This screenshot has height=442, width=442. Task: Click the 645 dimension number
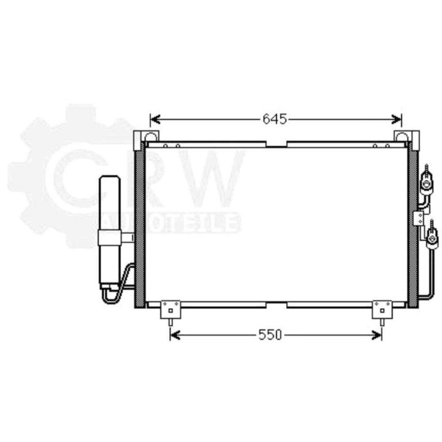[274, 119]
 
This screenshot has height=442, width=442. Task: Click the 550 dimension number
[270, 335]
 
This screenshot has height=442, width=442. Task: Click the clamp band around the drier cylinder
[110, 238]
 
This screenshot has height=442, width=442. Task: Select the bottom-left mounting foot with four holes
[171, 309]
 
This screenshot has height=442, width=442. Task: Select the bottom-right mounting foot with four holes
[382, 309]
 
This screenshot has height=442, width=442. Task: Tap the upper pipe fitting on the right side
[426, 182]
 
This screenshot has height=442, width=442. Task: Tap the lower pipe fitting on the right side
[432, 239]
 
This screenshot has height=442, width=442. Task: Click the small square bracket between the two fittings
[418, 217]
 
